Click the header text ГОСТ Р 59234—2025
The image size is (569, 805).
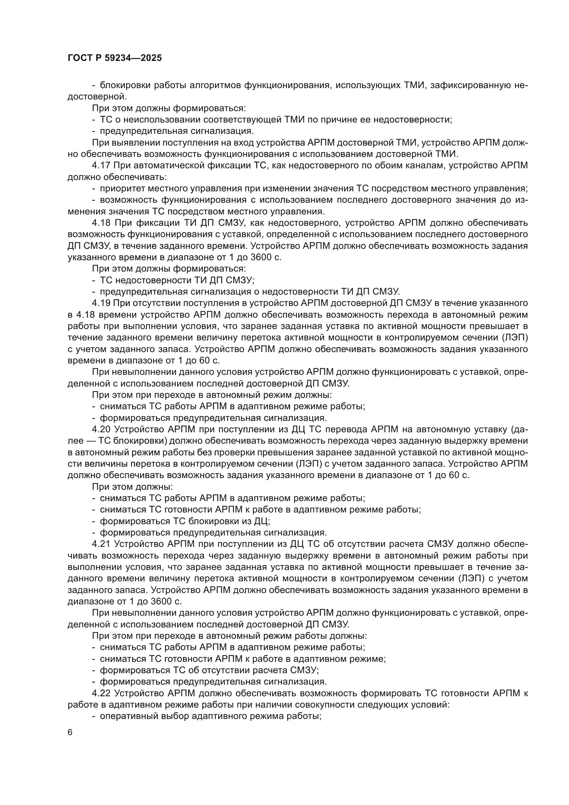point(115,58)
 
